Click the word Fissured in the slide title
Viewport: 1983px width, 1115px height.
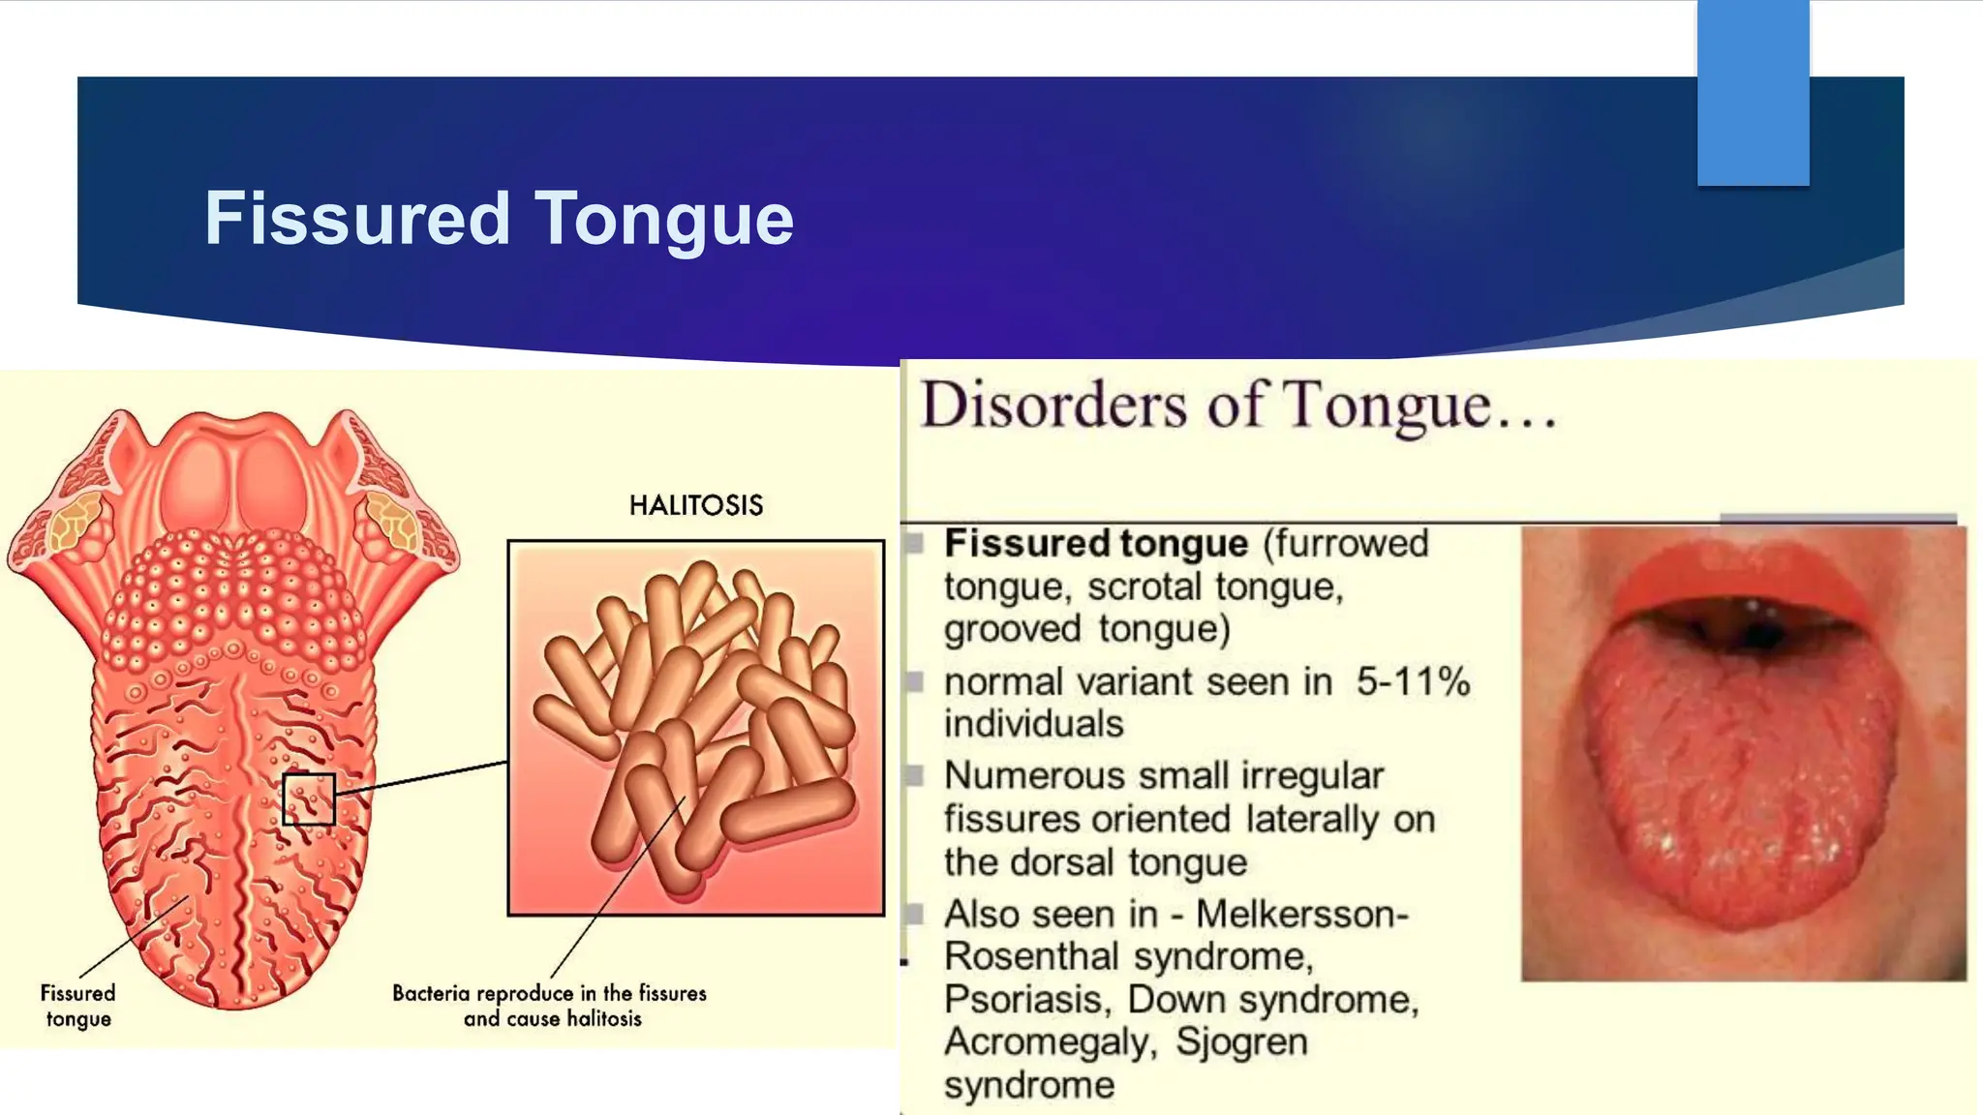coord(357,218)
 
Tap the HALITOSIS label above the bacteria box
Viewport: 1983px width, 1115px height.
coord(695,505)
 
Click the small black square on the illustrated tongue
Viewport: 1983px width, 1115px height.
coord(309,799)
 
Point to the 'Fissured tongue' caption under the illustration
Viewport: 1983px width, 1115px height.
coord(77,1006)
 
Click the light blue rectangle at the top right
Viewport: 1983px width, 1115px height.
coord(1753,92)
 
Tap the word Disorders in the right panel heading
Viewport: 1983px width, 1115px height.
coord(1053,405)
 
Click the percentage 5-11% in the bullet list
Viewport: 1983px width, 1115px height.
coord(1412,681)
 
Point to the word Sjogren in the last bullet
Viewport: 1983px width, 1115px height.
coord(1241,1042)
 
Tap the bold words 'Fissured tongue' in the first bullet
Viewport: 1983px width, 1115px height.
coord(1095,543)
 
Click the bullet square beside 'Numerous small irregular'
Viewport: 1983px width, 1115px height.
coord(914,775)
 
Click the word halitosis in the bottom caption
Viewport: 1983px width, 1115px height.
coord(603,1019)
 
